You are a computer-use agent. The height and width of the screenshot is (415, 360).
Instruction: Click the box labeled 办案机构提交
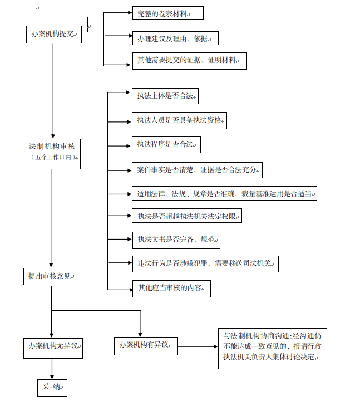click(x=53, y=35)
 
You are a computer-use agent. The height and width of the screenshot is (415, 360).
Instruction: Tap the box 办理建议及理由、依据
click(x=175, y=38)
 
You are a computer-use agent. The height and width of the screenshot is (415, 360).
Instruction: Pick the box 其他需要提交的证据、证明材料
click(x=189, y=61)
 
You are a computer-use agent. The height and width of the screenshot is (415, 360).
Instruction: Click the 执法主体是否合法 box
click(x=165, y=96)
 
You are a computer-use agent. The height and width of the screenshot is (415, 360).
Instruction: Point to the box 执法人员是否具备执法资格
click(x=179, y=120)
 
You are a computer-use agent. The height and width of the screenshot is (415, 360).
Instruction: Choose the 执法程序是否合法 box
click(x=166, y=145)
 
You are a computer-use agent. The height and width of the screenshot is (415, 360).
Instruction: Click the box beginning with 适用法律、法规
click(x=224, y=194)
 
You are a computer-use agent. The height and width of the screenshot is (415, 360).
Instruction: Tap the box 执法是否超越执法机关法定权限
click(x=187, y=216)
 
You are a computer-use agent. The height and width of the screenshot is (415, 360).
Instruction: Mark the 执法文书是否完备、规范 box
click(x=176, y=240)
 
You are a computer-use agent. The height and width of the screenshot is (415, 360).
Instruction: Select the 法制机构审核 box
click(x=52, y=147)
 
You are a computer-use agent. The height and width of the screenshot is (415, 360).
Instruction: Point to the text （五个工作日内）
click(x=52, y=158)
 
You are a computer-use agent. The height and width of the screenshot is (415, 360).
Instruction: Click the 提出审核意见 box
click(x=52, y=276)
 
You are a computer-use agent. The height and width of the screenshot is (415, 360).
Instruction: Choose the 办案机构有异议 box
click(x=145, y=345)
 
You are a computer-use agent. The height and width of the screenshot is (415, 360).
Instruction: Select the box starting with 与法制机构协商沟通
click(x=272, y=348)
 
